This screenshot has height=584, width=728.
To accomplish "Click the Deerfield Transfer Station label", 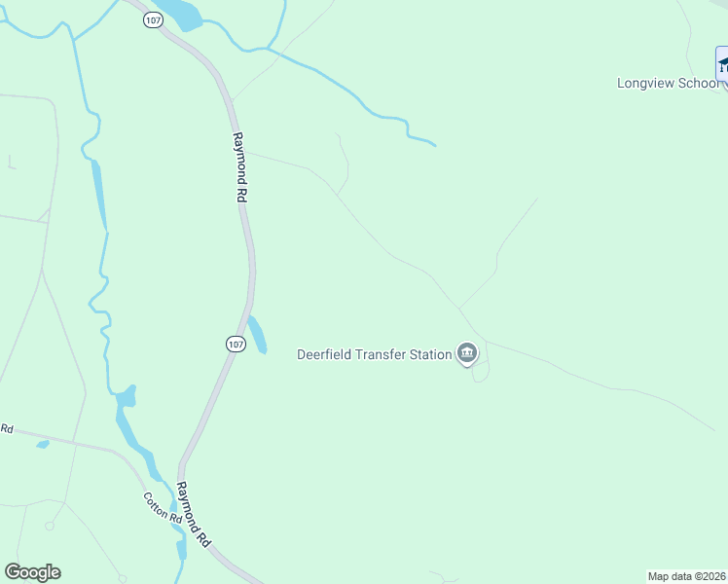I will click(374, 354).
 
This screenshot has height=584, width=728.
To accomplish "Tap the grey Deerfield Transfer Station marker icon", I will click(467, 353).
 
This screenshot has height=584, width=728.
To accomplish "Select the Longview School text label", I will click(668, 83).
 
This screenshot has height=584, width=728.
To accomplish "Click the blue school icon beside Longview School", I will click(722, 66).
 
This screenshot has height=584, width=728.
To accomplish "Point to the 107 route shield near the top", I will click(153, 20).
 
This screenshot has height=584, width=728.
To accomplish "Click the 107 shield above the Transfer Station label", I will click(235, 344).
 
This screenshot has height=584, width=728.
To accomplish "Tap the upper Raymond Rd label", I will click(239, 167).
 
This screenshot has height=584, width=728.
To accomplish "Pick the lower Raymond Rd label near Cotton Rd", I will click(193, 512).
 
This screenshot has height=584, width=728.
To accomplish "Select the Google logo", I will click(32, 572).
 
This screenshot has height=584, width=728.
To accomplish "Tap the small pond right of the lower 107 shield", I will click(257, 334).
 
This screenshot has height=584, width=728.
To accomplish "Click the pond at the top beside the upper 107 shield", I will click(181, 14).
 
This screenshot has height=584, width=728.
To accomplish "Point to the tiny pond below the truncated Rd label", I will click(42, 445).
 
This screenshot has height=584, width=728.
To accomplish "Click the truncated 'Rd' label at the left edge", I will click(7, 428).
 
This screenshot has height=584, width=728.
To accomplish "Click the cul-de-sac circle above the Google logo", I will click(49, 527).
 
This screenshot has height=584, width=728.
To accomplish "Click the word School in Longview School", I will click(699, 83).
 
